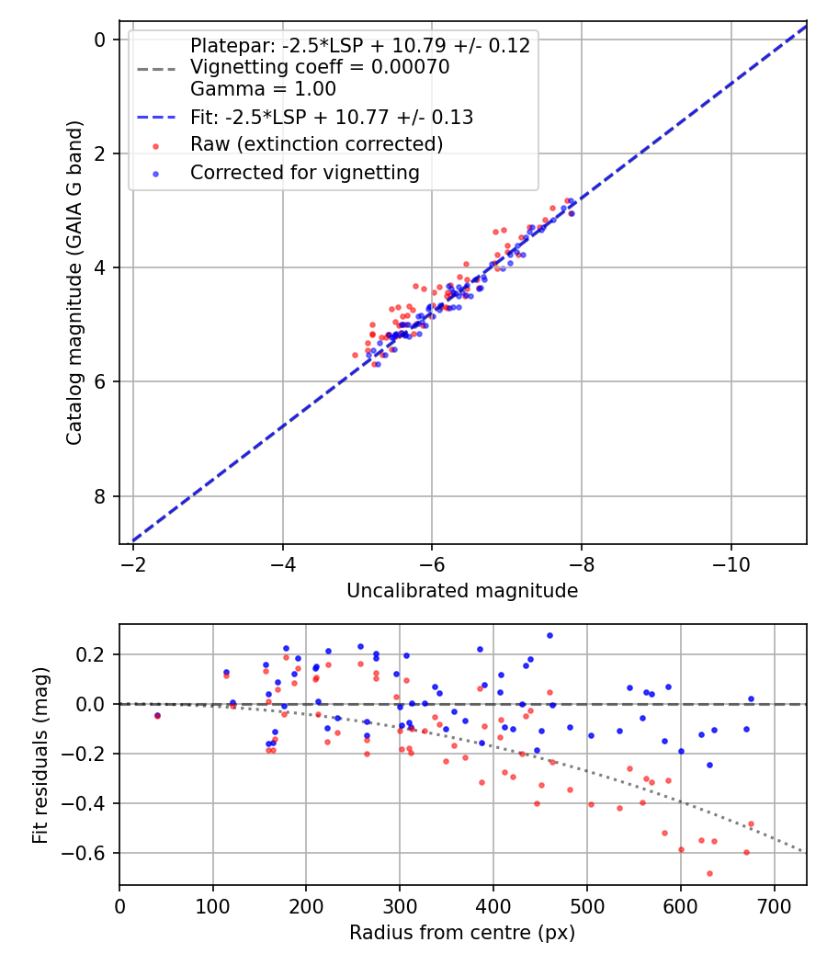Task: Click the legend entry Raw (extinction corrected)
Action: coord(316,144)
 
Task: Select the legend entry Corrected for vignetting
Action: coord(304,173)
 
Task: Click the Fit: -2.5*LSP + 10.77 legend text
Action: coord(332,117)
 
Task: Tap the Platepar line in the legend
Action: coord(360,46)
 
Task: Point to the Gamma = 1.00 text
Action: coord(263,89)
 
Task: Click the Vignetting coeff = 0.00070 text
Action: coord(320,67)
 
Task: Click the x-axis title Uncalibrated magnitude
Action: coord(462,591)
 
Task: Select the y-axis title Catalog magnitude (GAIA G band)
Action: coord(75,282)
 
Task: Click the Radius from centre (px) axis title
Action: coord(462,933)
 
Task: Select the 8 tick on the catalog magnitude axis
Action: coord(100,496)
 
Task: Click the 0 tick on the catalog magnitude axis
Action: coord(100,39)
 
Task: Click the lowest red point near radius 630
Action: coord(709,873)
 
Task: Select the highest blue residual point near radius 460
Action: coord(549,635)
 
